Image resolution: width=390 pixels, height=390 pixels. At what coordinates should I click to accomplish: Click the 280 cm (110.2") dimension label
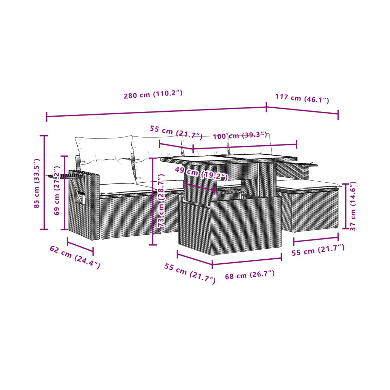coord(153,94)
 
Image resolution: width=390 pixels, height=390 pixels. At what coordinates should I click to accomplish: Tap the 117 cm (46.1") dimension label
coord(302,98)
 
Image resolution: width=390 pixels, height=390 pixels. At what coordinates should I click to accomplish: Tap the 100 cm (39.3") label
coord(240,135)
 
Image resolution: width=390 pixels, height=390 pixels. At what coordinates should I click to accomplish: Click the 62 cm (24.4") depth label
coord(75,260)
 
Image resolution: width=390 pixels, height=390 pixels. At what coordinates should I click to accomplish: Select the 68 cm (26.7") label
coord(250,275)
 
